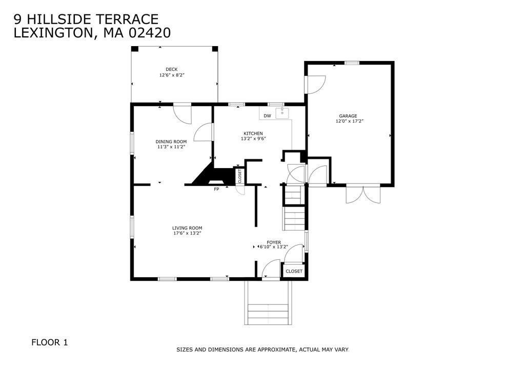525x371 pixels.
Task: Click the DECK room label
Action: (171, 69)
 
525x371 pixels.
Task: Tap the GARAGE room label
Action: (348, 116)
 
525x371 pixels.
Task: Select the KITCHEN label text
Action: (253, 133)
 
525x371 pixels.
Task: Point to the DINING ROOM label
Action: (171, 141)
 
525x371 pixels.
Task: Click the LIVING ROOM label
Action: (187, 228)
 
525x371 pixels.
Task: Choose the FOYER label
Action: (274, 242)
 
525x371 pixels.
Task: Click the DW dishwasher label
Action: (267, 116)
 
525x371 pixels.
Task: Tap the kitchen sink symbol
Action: (282, 113)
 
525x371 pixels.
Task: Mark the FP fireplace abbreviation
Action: (216, 189)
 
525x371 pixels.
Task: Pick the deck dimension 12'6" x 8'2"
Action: (171, 75)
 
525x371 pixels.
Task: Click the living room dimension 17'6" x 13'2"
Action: (187, 234)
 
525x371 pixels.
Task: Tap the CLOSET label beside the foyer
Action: (294, 271)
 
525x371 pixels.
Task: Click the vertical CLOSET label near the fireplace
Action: (239, 176)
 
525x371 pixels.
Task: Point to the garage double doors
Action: (364, 195)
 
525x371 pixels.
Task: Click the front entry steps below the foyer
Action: (268, 311)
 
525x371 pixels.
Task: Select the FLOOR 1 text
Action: (49, 342)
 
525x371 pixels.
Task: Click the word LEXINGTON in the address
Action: (52, 33)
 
